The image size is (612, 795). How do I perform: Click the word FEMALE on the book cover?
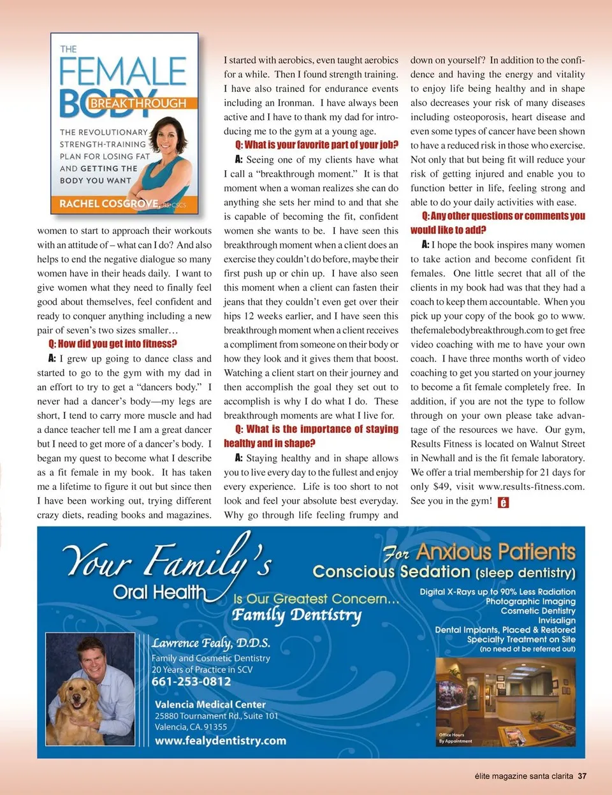tap(122, 71)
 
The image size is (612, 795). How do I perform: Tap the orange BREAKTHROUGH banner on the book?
tap(138, 103)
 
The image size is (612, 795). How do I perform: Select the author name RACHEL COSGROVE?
tap(109, 203)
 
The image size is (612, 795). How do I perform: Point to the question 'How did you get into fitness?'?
tap(113, 344)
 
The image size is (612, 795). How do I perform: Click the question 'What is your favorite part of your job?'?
tap(316, 145)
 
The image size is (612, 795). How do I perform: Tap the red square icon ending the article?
tap(503, 502)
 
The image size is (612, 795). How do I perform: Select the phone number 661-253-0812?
tap(191, 682)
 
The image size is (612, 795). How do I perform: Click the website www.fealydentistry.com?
tap(221, 741)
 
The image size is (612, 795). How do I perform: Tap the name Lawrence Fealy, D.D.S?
tap(211, 643)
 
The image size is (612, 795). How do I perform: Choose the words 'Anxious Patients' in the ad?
tap(495, 551)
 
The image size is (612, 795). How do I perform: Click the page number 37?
tap(582, 776)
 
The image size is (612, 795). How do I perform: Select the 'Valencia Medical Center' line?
tap(210, 704)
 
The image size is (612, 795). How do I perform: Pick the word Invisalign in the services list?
tap(557, 620)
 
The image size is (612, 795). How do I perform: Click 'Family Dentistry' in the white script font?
tap(296, 615)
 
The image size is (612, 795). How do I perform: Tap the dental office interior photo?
tap(505, 701)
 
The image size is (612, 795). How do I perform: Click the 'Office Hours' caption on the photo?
tap(452, 734)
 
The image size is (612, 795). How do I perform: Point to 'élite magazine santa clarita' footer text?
tap(523, 776)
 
